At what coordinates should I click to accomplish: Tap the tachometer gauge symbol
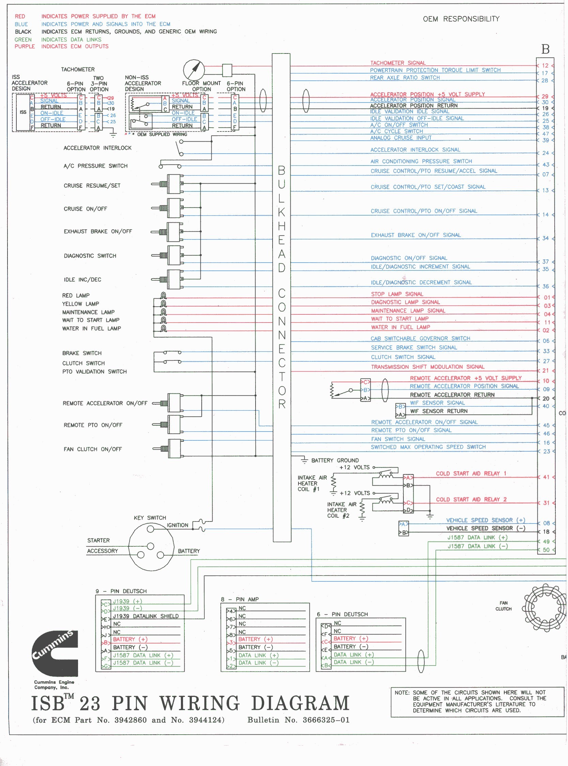click(x=194, y=70)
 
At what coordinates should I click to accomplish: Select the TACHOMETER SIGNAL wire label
click(x=398, y=63)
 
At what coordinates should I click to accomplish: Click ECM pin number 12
click(x=545, y=65)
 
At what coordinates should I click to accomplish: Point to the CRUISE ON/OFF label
click(x=85, y=209)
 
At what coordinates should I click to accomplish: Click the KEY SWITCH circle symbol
click(x=151, y=546)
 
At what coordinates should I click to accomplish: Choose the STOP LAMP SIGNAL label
click(x=397, y=294)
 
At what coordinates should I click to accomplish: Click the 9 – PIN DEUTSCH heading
click(x=121, y=591)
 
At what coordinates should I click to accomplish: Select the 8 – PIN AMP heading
click(x=240, y=599)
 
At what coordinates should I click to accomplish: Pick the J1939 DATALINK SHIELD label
click(x=146, y=616)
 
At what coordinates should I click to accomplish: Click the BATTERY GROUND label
click(x=335, y=460)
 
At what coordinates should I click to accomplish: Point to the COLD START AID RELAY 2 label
click(x=471, y=499)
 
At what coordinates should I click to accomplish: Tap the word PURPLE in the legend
click(x=25, y=46)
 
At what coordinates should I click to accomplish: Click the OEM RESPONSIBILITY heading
click(x=461, y=19)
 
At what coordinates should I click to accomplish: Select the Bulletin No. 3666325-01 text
click(x=298, y=720)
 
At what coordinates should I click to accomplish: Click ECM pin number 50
click(x=546, y=550)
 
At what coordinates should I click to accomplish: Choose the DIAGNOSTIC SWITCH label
click(x=90, y=256)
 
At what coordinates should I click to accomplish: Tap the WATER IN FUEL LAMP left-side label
click(x=91, y=329)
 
